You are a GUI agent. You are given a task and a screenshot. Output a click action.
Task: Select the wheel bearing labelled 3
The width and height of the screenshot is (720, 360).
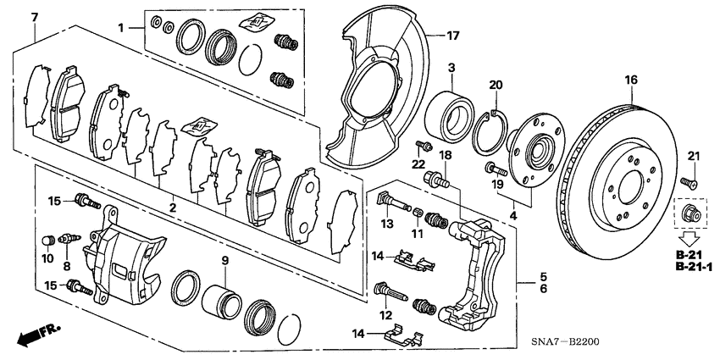coord(450,110)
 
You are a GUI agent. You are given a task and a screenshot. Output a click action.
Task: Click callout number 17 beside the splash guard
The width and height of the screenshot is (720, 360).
coord(453,36)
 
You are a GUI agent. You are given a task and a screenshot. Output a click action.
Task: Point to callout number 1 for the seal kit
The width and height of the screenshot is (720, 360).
coord(123,29)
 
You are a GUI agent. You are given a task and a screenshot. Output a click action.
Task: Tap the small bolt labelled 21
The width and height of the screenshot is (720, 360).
coord(688,180)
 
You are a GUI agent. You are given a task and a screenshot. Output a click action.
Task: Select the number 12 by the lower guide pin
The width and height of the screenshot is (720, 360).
coord(386,316)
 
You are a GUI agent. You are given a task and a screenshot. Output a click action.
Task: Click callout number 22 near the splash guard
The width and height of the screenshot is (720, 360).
coord(417,163)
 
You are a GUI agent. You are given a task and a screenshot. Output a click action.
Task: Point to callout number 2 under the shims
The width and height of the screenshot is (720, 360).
coord(171,207)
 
